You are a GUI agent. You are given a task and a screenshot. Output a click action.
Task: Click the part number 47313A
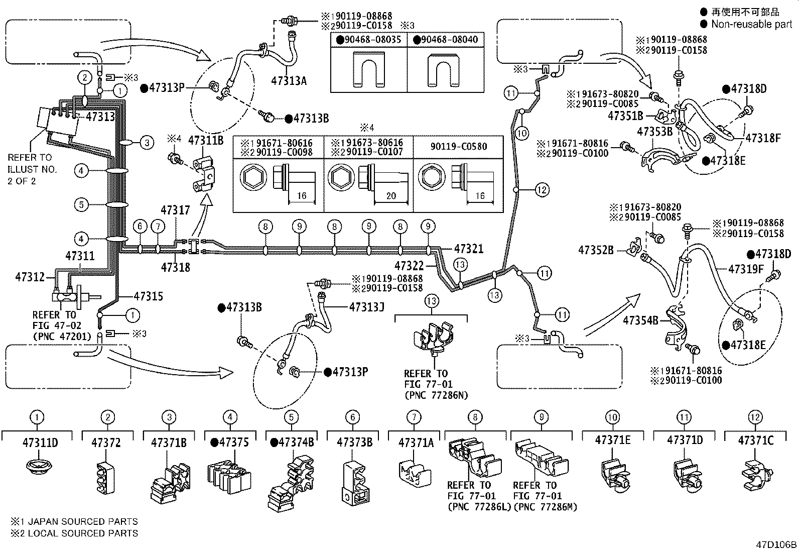(x=289, y=81)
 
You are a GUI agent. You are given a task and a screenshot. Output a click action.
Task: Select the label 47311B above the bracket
(x=205, y=141)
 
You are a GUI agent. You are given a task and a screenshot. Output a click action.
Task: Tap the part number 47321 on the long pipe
(x=469, y=249)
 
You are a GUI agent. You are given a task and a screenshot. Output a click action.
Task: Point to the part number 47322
(x=409, y=266)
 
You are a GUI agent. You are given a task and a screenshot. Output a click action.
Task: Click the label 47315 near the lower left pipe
(x=149, y=296)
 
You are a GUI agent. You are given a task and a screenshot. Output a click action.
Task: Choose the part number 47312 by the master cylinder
(x=30, y=277)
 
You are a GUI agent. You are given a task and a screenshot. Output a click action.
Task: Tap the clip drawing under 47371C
(x=757, y=475)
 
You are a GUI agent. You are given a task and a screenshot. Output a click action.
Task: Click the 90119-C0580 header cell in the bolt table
(x=458, y=147)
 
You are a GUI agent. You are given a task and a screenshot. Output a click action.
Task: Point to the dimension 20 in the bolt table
(x=391, y=196)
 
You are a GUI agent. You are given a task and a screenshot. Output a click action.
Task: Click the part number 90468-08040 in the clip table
(x=446, y=39)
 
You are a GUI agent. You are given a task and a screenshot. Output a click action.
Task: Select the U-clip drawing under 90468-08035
(x=369, y=70)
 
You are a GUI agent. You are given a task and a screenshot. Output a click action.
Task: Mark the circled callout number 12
(x=542, y=189)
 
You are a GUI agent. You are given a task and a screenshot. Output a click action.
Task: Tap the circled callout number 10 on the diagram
(x=522, y=134)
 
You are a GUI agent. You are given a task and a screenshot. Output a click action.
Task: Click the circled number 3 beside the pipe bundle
(x=147, y=143)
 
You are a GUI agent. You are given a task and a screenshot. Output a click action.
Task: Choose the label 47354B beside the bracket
(x=640, y=320)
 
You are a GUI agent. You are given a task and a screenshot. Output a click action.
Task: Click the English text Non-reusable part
(x=751, y=24)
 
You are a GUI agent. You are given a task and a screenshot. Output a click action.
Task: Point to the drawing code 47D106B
(x=776, y=544)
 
